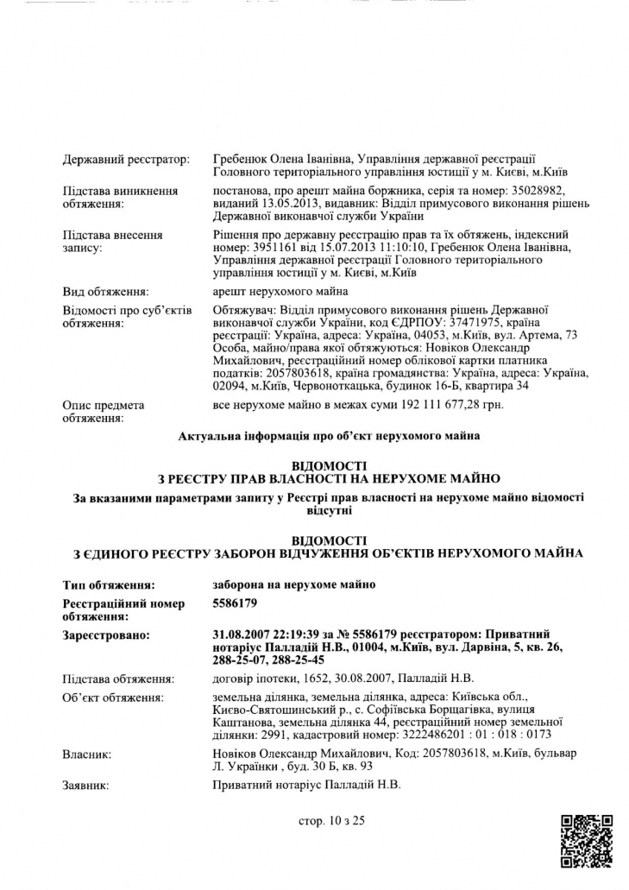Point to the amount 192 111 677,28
click(435, 404)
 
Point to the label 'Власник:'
click(87, 755)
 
